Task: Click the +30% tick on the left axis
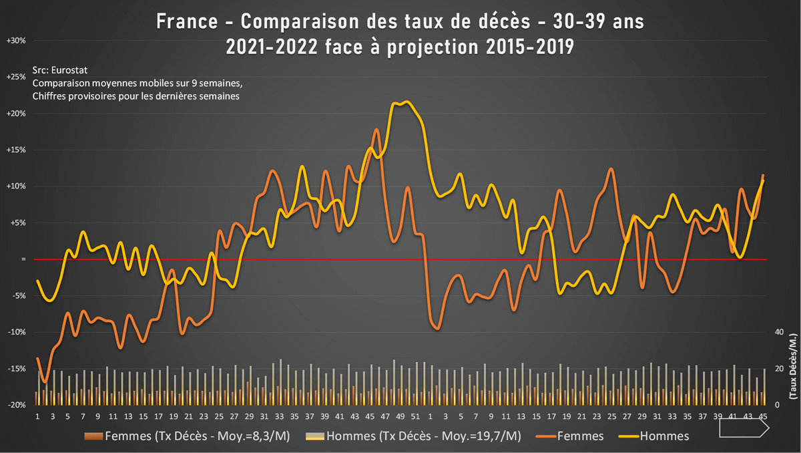pos(15,41)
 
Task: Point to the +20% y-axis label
pos(15,114)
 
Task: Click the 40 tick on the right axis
pos(777,332)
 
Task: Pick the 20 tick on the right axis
pos(777,369)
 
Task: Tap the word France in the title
pos(185,22)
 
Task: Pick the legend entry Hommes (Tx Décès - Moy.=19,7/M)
pos(413,436)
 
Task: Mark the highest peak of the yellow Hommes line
pos(406,102)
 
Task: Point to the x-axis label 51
pos(415,417)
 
